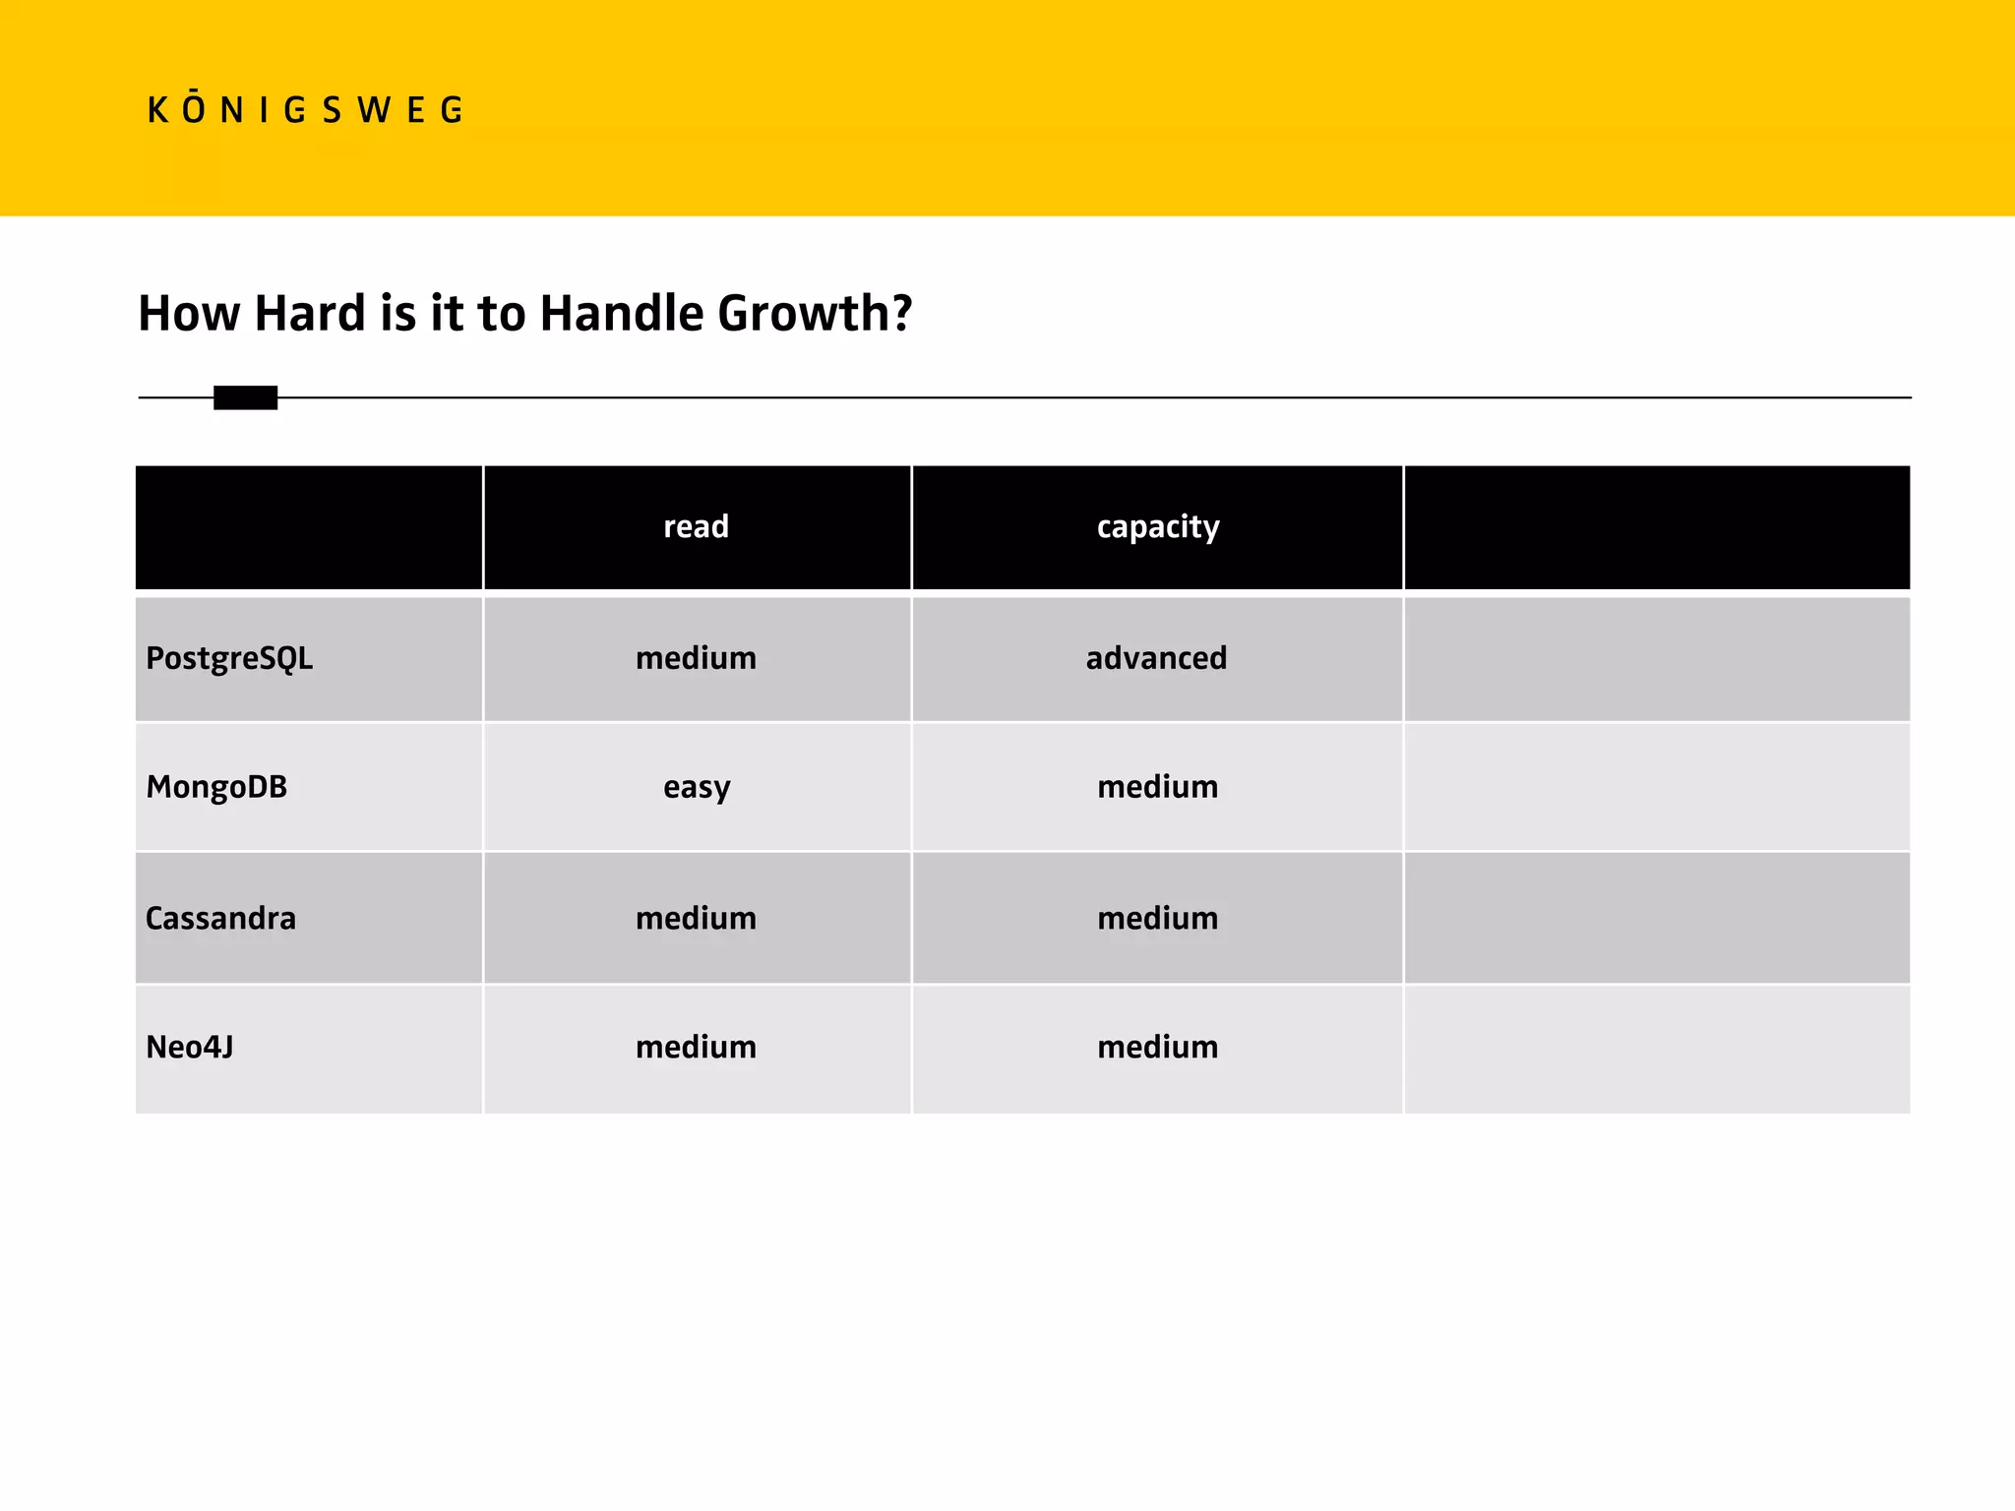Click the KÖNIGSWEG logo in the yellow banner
[304, 109]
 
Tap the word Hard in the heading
[309, 314]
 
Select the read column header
[696, 527]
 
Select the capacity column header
[1157, 527]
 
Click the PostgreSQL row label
[229, 658]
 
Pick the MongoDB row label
[216, 787]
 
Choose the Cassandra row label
[220, 919]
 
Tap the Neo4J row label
[190, 1047]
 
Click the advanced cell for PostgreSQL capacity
[1156, 658]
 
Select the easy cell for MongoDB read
[696, 788]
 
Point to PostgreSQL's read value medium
[696, 658]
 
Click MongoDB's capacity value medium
[1157, 787]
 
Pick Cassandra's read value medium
[696, 919]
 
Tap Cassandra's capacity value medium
[1157, 919]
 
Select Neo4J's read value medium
[696, 1047]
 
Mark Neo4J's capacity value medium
[1157, 1047]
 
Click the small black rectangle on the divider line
[245, 397]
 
